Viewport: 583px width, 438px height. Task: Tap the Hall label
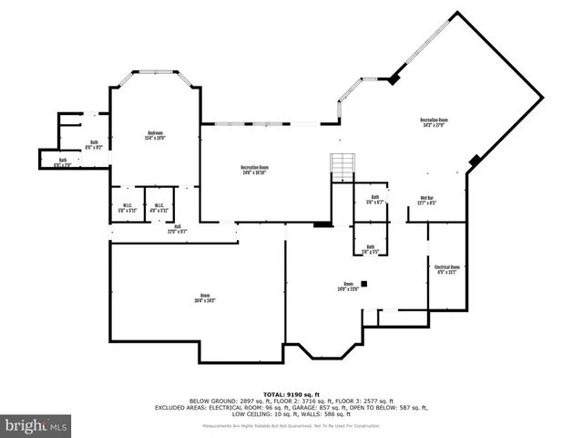tap(177, 230)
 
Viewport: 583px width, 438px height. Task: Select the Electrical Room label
tap(447, 269)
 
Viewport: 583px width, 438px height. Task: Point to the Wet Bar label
tap(426, 201)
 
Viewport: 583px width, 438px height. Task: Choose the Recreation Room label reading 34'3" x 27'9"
tap(434, 122)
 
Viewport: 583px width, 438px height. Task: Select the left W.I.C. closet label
tap(128, 208)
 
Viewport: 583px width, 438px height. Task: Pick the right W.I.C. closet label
tap(159, 208)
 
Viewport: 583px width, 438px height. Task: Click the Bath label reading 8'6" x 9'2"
tap(94, 144)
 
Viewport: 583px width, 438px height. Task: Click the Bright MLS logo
tap(36, 425)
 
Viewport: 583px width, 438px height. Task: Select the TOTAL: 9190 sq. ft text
tap(291, 393)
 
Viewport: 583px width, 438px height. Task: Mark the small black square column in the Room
tap(363, 284)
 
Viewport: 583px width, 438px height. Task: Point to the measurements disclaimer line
tap(291, 425)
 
